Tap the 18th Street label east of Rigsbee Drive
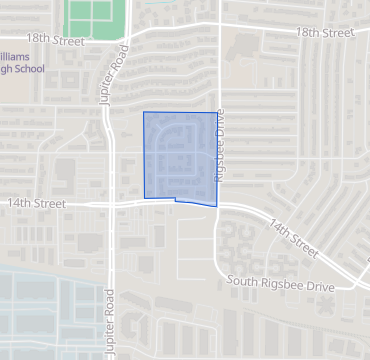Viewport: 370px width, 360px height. coord(325,33)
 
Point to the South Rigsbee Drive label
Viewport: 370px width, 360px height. coord(281,286)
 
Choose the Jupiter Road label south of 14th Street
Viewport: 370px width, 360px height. coord(108,322)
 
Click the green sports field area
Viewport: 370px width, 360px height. coord(91,15)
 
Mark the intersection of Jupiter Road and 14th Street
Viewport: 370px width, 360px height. coord(112,203)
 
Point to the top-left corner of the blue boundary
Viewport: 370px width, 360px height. coord(144,112)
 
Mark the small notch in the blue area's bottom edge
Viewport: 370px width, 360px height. coord(176,199)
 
